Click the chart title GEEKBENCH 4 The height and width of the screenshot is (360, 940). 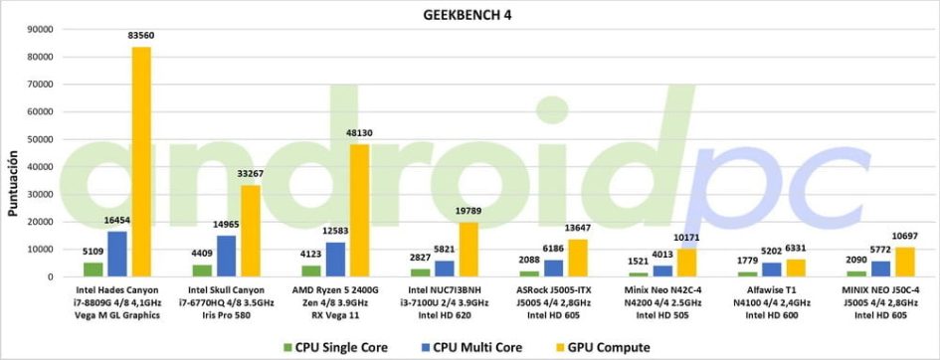470,15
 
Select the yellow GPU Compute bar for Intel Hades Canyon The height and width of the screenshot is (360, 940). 141,162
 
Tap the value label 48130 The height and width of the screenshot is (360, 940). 360,133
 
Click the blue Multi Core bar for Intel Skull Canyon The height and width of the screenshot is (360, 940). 227,257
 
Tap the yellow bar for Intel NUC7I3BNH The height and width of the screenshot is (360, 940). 470,250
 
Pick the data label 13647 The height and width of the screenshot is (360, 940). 579,229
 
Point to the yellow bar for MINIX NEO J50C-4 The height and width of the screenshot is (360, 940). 906,263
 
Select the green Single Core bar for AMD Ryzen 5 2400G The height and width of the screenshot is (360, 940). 311,271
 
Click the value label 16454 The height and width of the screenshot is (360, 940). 117,221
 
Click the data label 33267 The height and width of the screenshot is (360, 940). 252,174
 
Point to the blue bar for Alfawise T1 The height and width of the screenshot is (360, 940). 772,270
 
